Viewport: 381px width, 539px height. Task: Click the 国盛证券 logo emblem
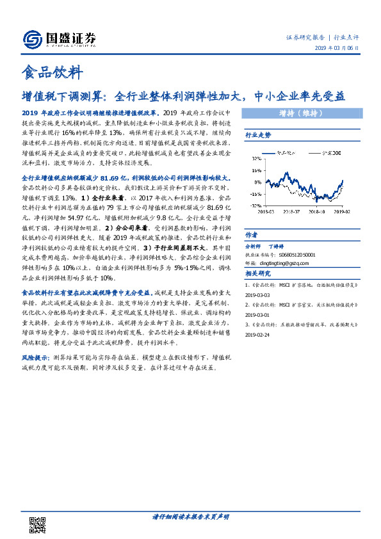pos(31,40)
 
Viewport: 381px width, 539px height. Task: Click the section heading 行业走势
pos(259,135)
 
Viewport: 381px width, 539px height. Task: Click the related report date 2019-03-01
pos(259,315)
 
